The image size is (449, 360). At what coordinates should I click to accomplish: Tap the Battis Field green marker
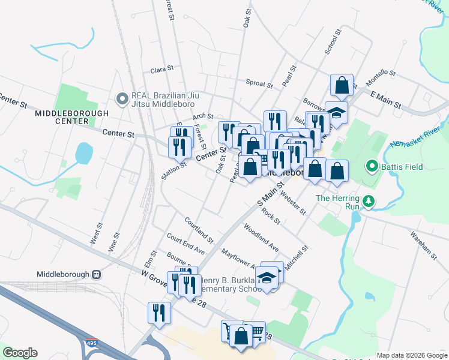click(x=372, y=167)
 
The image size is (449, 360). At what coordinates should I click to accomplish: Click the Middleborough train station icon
click(x=97, y=274)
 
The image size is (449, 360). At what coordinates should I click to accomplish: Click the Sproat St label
click(x=259, y=83)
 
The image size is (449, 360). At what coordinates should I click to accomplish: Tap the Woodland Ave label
click(x=261, y=238)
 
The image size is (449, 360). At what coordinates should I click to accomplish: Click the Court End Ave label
click(x=186, y=244)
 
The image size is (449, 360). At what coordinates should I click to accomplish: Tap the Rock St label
click(x=271, y=216)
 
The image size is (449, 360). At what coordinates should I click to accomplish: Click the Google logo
click(x=20, y=352)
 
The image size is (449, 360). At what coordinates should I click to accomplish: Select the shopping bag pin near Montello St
click(x=342, y=86)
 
